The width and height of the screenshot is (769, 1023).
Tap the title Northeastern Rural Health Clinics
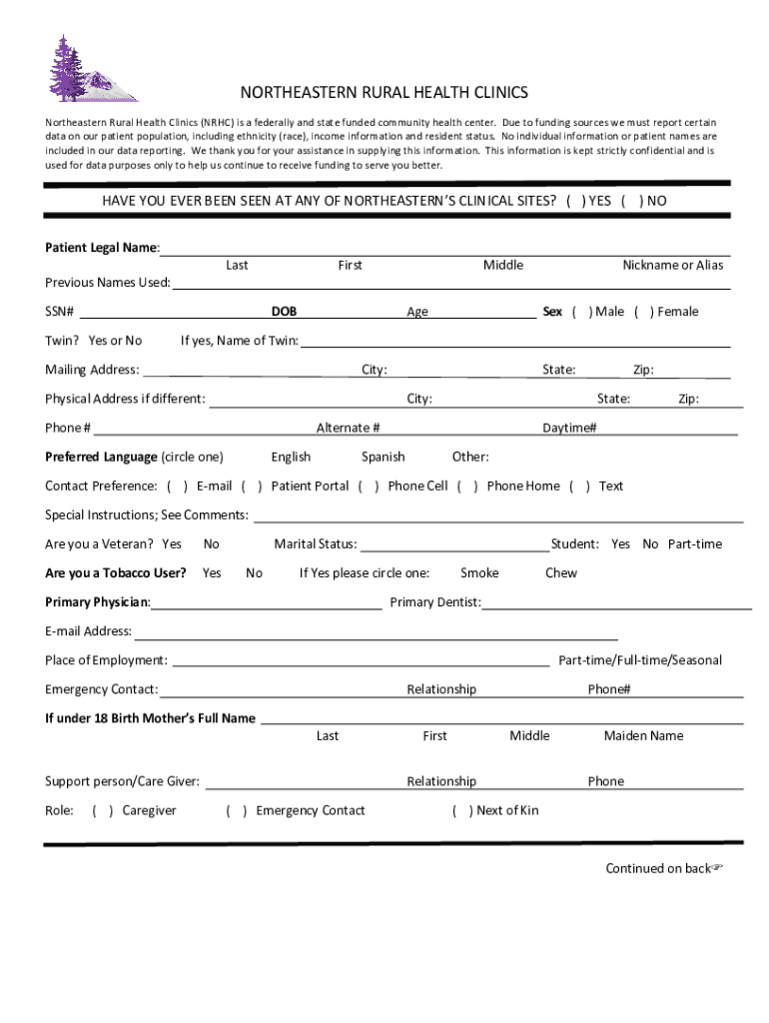pos(384,93)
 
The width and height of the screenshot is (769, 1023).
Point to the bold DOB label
pos(284,312)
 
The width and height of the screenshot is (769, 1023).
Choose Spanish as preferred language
pos(384,458)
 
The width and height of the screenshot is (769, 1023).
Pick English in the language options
pos(291,458)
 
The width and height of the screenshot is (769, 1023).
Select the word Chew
pos(561,573)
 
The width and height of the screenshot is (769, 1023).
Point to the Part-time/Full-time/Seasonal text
pos(640,660)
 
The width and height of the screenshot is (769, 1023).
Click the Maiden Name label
pos(643,736)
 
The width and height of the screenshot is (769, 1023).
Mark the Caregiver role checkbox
pos(103,811)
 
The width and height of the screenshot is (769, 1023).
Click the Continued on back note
pos(662,868)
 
